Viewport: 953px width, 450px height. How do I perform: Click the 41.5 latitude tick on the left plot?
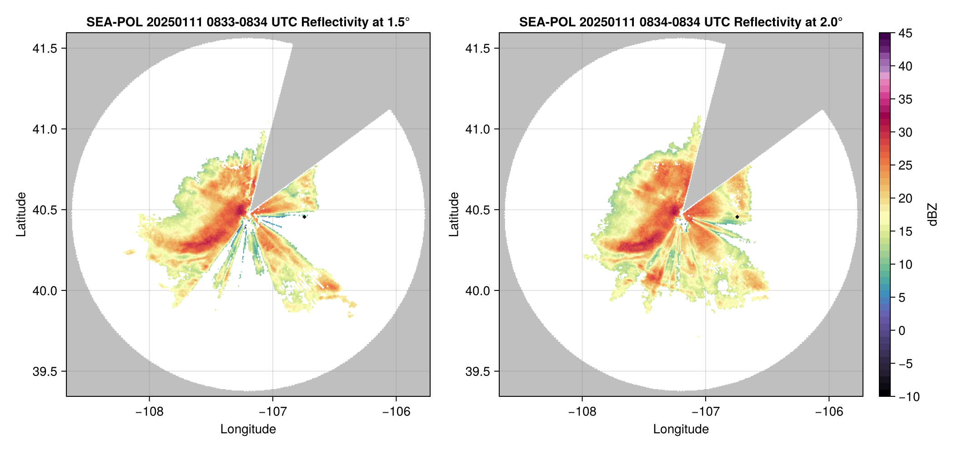point(45,49)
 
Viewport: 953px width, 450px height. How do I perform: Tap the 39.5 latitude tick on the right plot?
point(477,371)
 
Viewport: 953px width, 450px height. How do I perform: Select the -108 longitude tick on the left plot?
point(149,412)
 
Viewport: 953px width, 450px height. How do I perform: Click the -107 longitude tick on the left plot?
point(273,412)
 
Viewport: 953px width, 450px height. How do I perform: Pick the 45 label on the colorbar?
point(905,34)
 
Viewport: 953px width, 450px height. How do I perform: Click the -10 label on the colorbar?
point(909,397)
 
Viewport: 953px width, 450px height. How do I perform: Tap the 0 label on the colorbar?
point(902,331)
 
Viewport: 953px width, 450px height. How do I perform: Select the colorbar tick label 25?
point(905,165)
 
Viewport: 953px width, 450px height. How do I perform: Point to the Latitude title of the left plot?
point(21,215)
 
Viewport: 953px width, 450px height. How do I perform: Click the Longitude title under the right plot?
point(681,429)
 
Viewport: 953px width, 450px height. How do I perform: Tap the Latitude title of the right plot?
point(454,215)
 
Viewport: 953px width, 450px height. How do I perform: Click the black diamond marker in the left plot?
point(304,217)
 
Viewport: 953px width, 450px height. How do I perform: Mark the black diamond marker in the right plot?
point(737,217)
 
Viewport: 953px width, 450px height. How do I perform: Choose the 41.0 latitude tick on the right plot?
point(477,130)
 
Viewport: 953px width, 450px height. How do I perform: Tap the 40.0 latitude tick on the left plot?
point(45,291)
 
